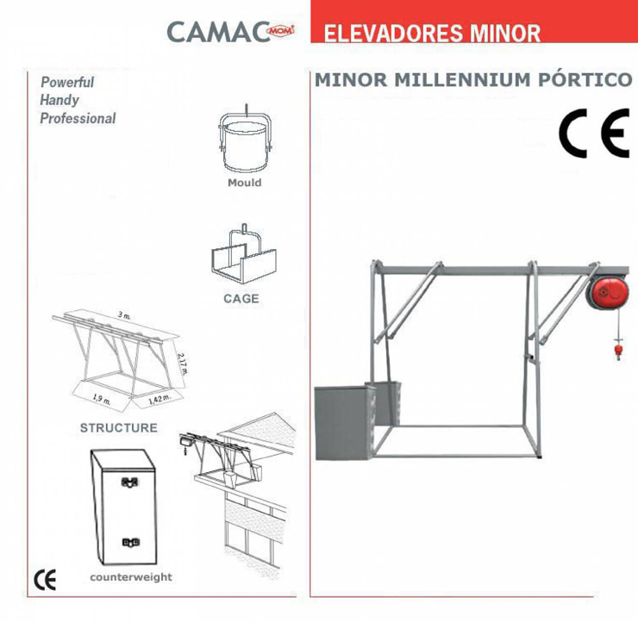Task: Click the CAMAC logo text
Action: tap(219, 32)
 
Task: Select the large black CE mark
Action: tap(594, 133)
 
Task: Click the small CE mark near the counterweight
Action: tap(45, 580)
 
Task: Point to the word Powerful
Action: tap(67, 82)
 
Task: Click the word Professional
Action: tap(78, 118)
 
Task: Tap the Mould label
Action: tap(245, 183)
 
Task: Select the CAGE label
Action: tap(241, 299)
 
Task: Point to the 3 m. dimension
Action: tap(124, 315)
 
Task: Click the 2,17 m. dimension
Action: tap(182, 363)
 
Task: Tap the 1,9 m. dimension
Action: tap(102, 399)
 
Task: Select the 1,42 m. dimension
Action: tap(159, 399)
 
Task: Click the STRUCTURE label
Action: tap(119, 427)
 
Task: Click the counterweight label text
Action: tap(131, 577)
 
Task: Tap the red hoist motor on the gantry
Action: tap(608, 292)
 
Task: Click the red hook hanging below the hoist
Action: tap(618, 351)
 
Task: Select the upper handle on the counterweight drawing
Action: tap(130, 482)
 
